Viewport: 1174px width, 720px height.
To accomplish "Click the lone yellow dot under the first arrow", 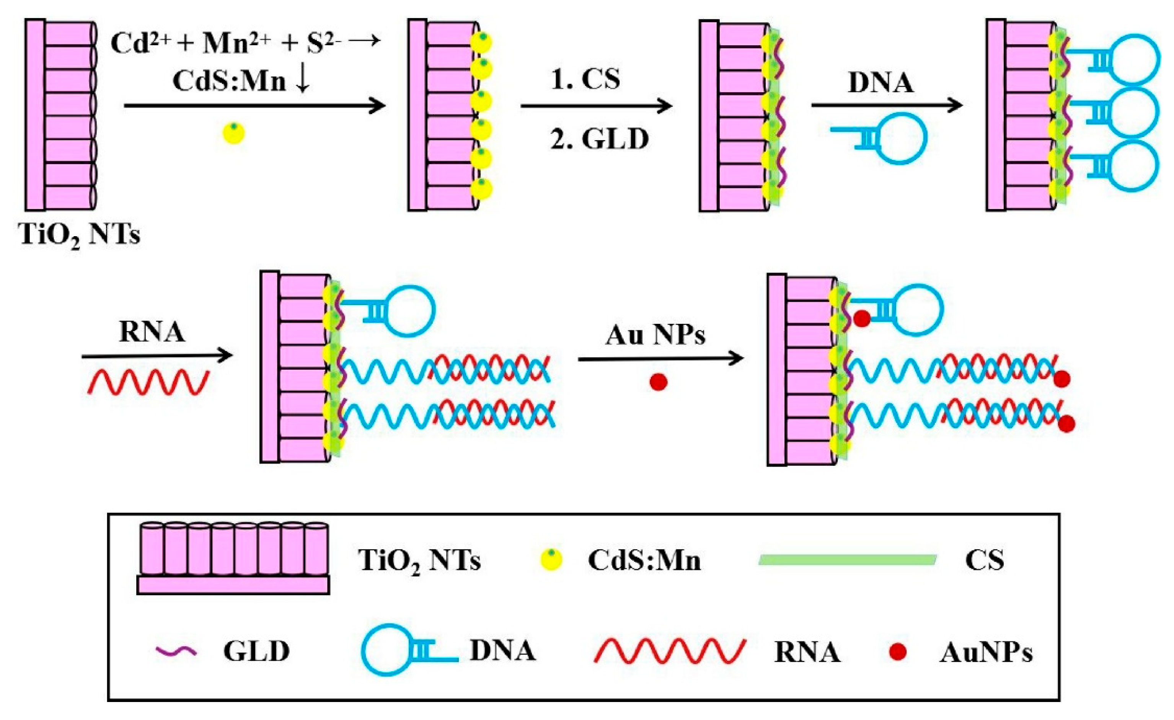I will pos(233,134).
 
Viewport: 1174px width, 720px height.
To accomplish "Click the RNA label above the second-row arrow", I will pos(152,332).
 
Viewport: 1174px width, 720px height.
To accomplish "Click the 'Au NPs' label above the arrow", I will pos(655,335).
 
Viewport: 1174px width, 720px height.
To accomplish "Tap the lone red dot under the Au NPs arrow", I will pos(659,382).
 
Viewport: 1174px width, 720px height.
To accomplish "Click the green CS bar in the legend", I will pos(847,559).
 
